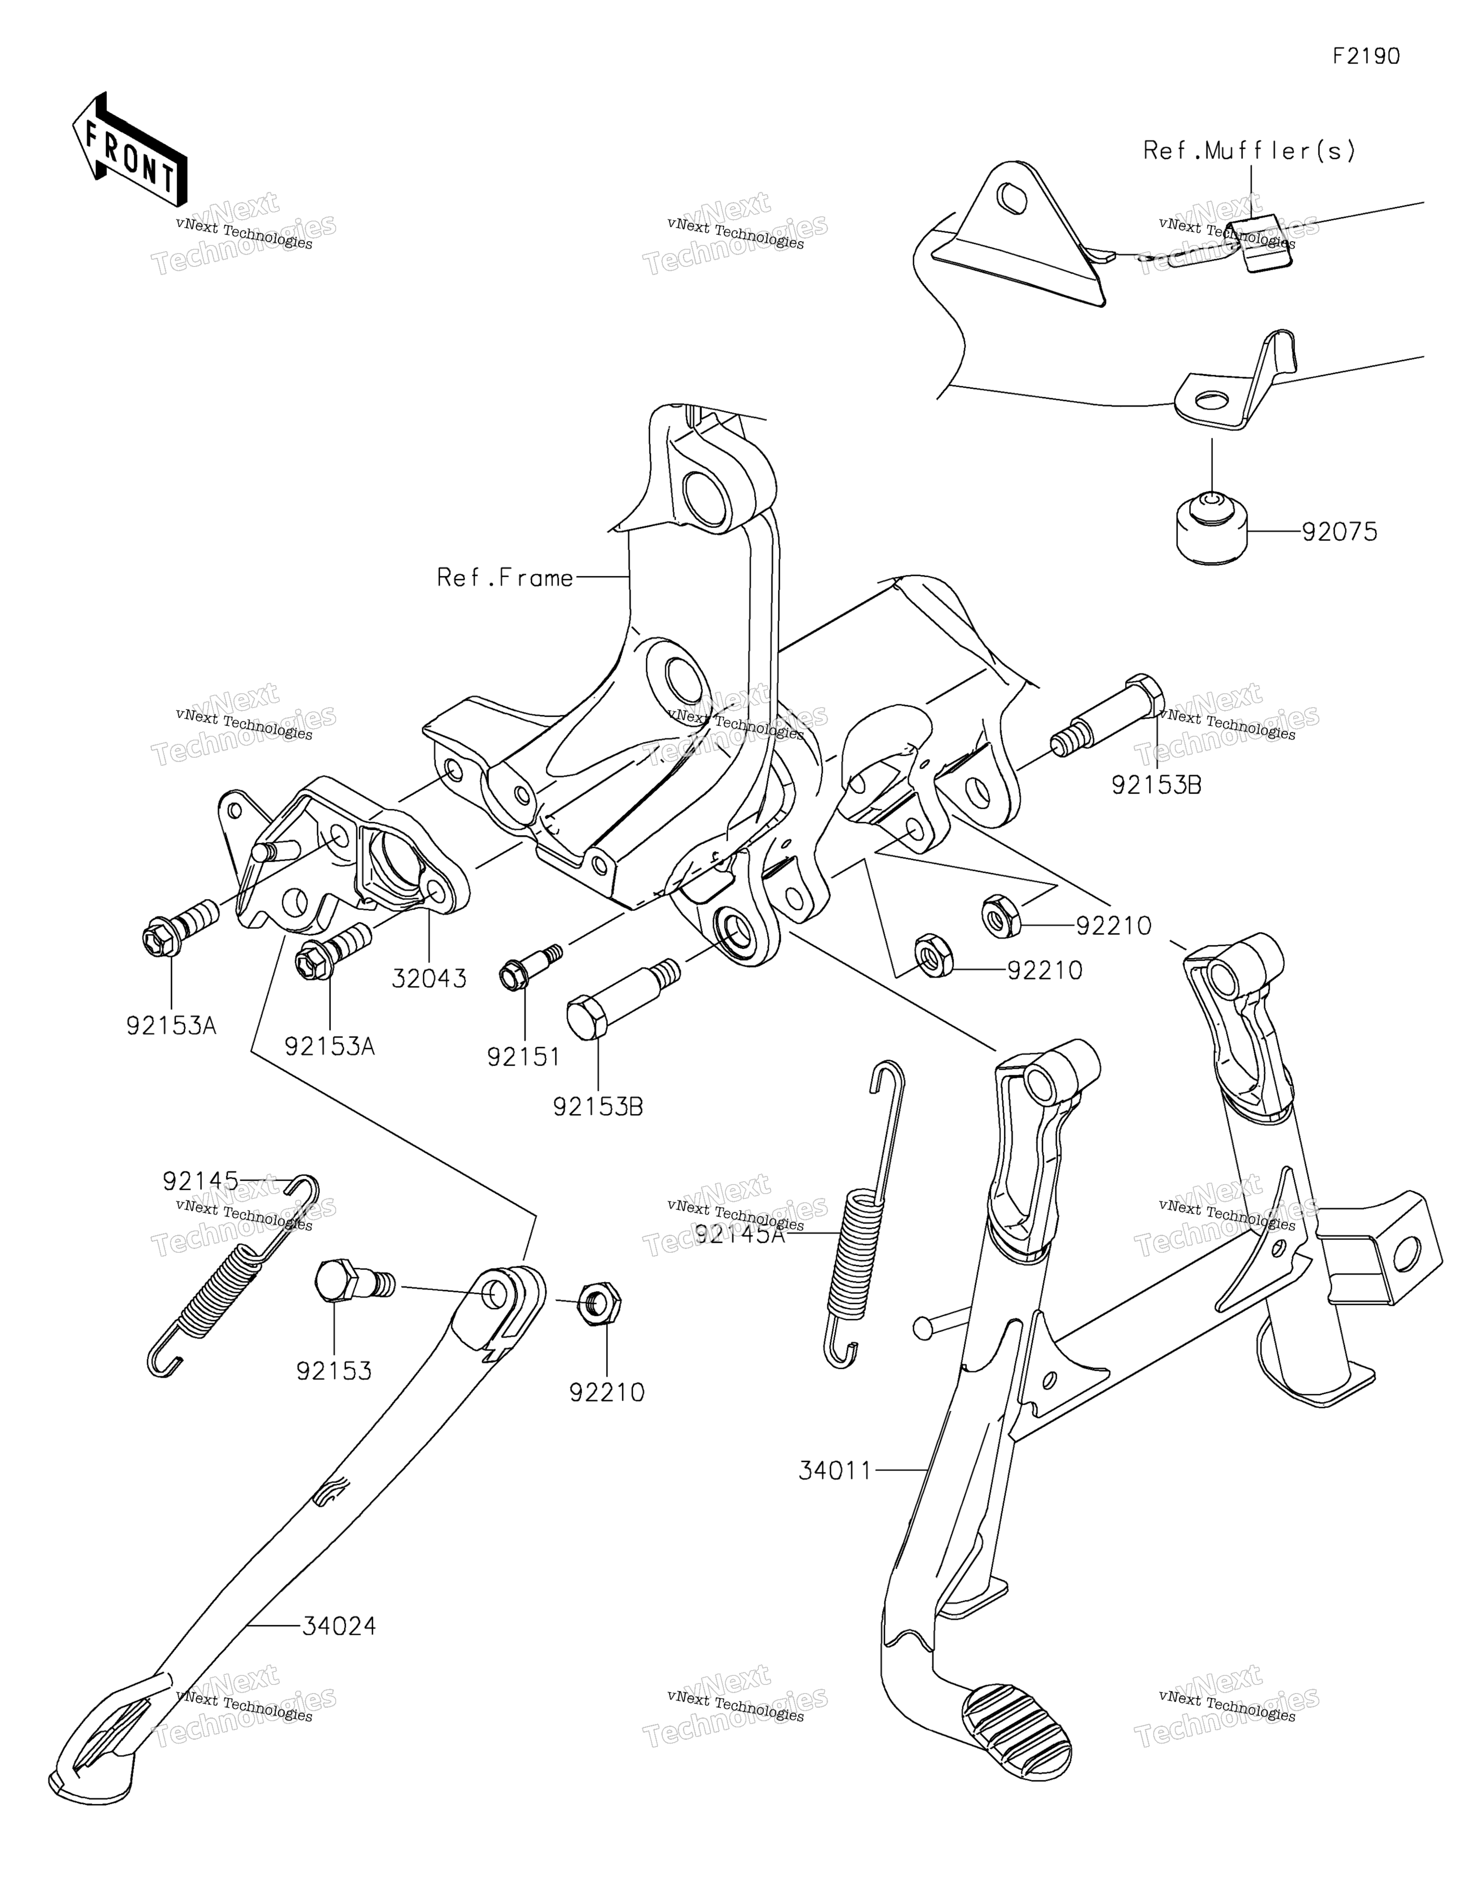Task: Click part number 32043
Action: pyautogui.click(x=429, y=979)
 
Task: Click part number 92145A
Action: pyautogui.click(x=740, y=1233)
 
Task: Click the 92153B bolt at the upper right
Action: pyautogui.click(x=1108, y=717)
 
